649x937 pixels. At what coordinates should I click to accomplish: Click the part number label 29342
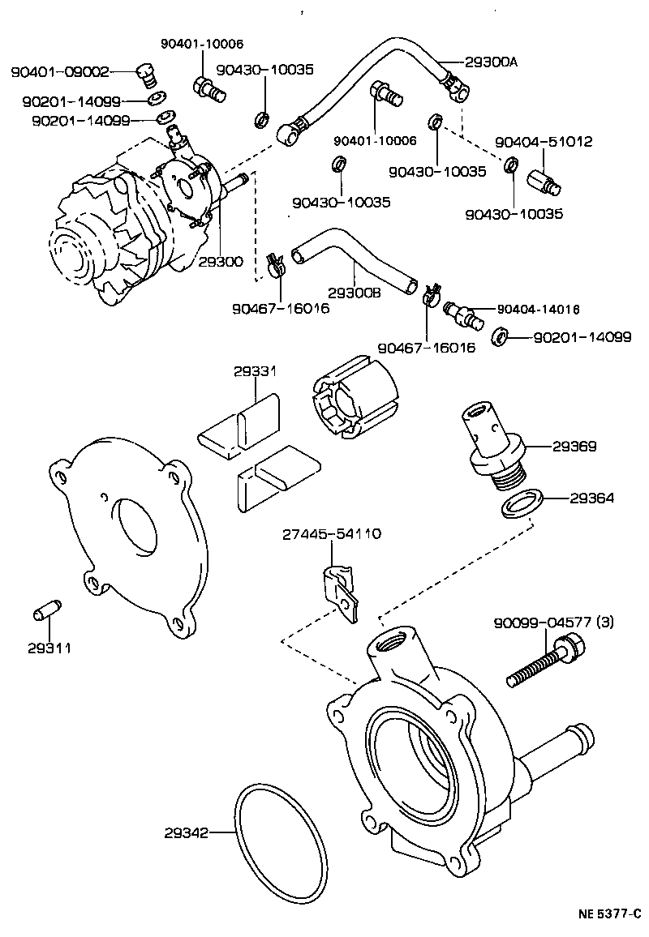pyautogui.click(x=187, y=832)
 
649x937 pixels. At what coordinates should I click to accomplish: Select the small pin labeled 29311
pyautogui.click(x=46, y=613)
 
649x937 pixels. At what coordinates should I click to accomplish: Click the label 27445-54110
pyautogui.click(x=332, y=535)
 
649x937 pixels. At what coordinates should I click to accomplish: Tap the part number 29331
pyautogui.click(x=256, y=371)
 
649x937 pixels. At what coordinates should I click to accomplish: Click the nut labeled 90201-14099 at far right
pyautogui.click(x=501, y=335)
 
